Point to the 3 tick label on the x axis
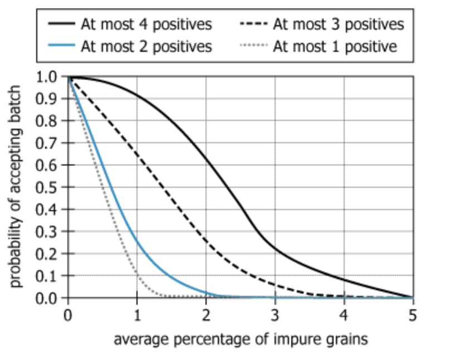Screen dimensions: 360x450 [x=275, y=315]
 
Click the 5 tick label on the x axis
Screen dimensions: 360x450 [x=413, y=315]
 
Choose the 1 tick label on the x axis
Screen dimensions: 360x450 [x=137, y=315]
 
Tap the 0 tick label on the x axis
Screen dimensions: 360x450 [x=68, y=315]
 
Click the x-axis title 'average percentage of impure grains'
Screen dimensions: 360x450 [x=241, y=339]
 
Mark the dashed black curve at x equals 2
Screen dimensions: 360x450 [x=206, y=240]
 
